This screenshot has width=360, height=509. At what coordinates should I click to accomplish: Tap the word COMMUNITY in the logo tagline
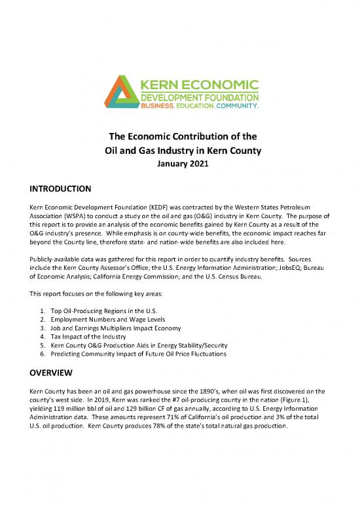coord(236,105)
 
